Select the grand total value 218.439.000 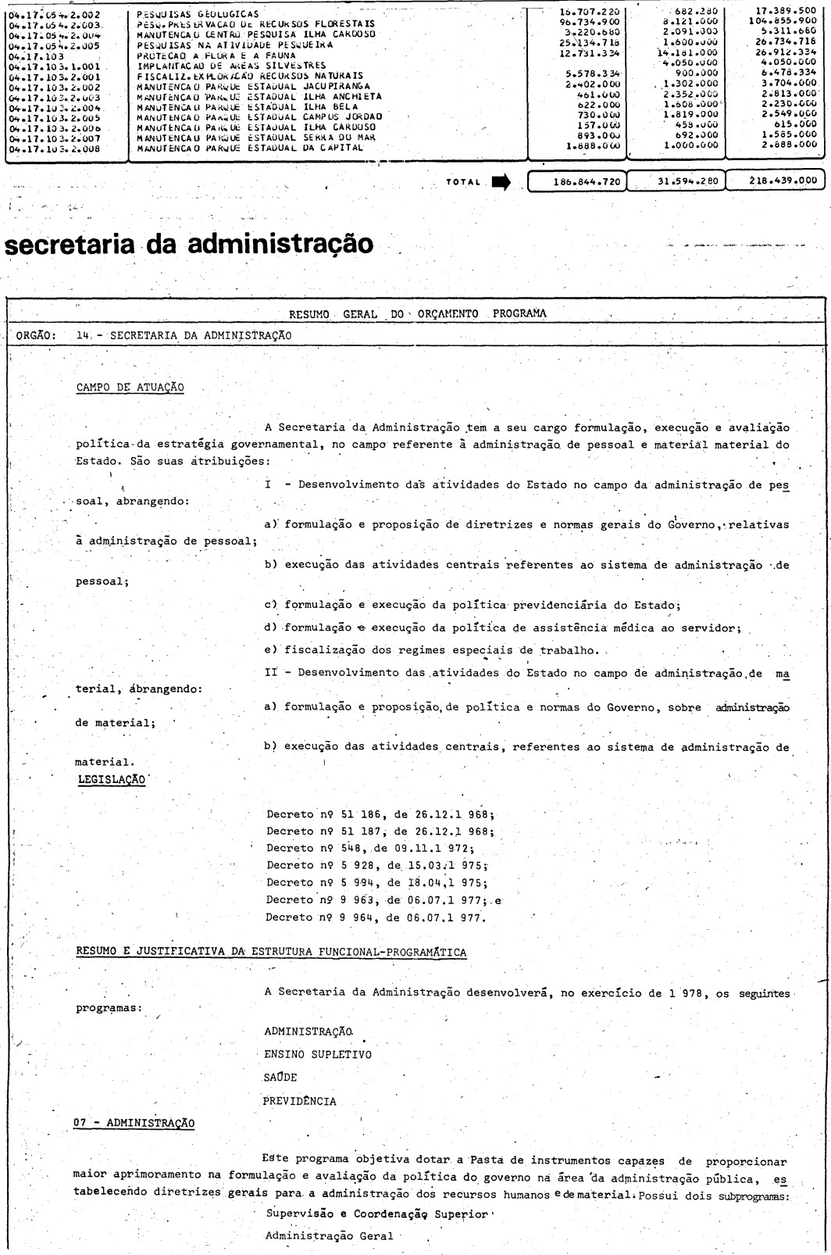point(776,181)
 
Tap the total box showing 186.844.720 point(577,181)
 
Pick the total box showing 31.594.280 point(675,181)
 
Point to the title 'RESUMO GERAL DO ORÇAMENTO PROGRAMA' point(418,314)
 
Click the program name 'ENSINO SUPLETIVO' point(318,1054)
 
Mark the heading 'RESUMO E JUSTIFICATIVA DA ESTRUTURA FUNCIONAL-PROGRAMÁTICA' point(272,951)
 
